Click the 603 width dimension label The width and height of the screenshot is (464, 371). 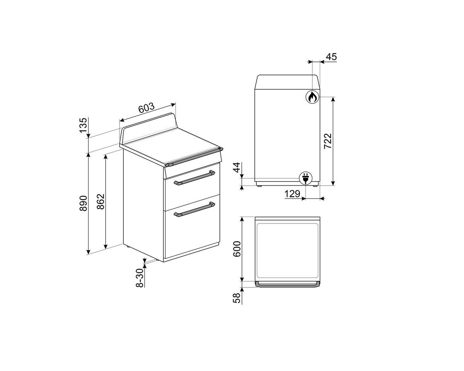click(147, 108)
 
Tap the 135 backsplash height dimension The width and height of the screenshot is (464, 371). click(83, 125)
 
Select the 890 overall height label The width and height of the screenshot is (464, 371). click(83, 203)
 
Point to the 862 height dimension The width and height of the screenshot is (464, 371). click(101, 202)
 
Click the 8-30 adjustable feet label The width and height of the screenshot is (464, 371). click(140, 278)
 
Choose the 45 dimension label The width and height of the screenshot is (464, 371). click(331, 57)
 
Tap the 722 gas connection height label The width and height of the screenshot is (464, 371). click(328, 141)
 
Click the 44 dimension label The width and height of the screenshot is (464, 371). click(237, 168)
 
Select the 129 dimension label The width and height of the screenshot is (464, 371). click(292, 194)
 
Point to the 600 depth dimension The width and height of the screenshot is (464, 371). click(237, 249)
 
